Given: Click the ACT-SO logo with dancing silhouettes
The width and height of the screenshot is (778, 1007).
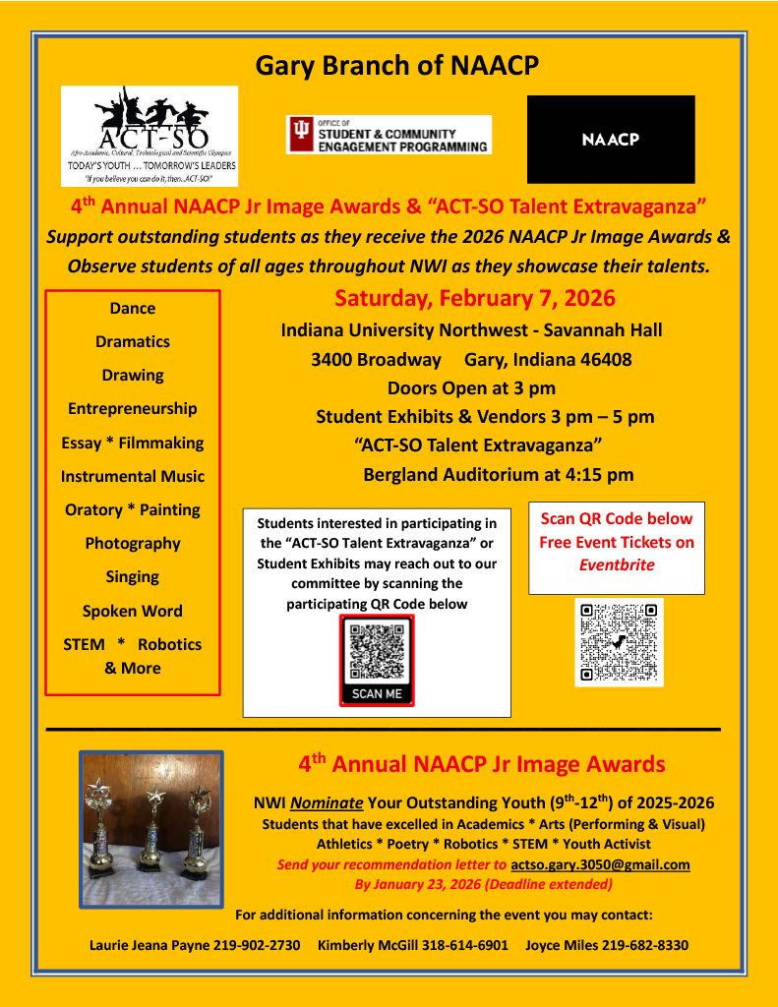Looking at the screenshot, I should [x=150, y=136].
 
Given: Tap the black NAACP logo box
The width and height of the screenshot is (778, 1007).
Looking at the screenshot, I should [x=611, y=139].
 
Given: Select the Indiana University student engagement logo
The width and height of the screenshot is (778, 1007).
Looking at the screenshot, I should [x=389, y=135].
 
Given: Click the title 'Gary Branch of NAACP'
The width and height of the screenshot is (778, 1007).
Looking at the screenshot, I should [x=396, y=65].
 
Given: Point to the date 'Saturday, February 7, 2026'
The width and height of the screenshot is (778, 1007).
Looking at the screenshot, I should [x=475, y=298].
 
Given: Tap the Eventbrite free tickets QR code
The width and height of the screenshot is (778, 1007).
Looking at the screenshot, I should [x=619, y=641].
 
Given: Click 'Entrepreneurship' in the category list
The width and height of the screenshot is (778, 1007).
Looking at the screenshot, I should [x=133, y=408].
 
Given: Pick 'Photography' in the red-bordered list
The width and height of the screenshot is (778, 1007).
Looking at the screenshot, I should [x=133, y=543].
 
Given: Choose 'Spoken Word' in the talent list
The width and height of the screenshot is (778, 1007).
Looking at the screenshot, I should [x=133, y=611].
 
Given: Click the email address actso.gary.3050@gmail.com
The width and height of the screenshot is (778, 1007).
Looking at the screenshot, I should [x=600, y=864].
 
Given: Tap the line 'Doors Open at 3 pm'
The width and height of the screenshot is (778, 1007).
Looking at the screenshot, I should [x=471, y=387].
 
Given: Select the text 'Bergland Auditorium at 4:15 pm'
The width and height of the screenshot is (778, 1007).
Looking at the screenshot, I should [x=498, y=475].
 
